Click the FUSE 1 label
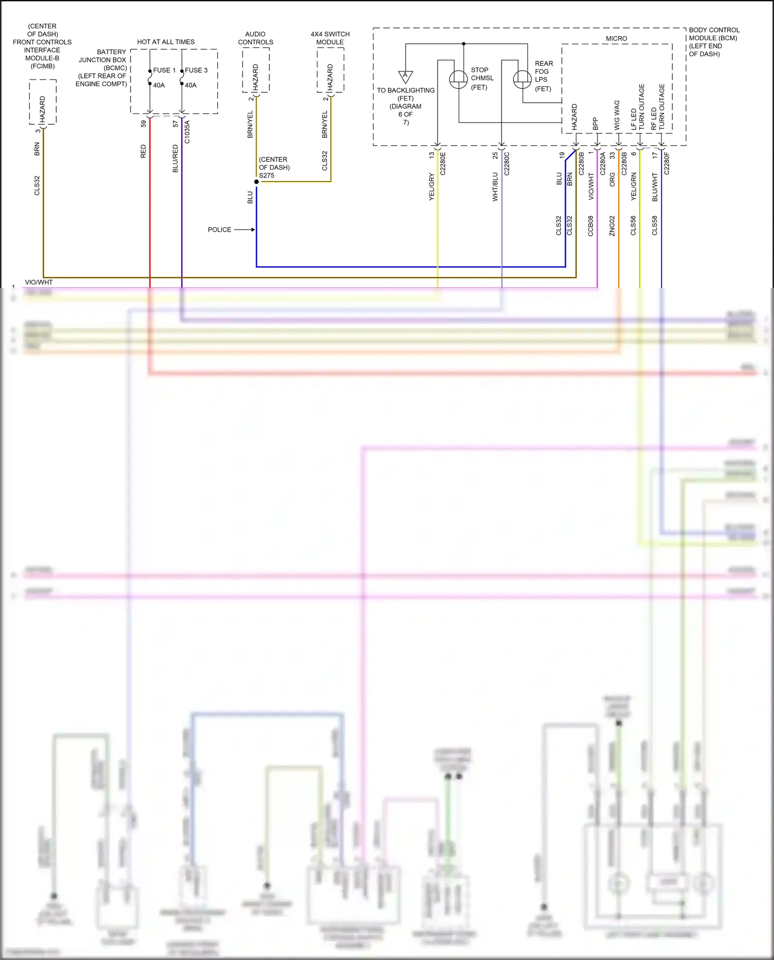point(164,70)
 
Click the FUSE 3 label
point(196,70)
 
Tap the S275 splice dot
point(256,182)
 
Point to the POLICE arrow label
point(219,230)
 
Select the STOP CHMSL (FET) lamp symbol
point(458,79)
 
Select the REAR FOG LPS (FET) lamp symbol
point(522,79)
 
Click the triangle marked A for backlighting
point(406,76)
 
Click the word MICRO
point(616,39)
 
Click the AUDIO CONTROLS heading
point(255,38)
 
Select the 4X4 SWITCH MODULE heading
point(330,38)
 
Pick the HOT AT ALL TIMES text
point(166,42)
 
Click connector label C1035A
point(187,132)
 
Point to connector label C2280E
point(443,164)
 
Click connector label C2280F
point(667,164)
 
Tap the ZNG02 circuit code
point(612,225)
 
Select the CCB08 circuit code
point(591,225)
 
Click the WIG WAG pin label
point(617,115)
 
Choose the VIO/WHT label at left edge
point(39,282)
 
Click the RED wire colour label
point(143,151)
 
